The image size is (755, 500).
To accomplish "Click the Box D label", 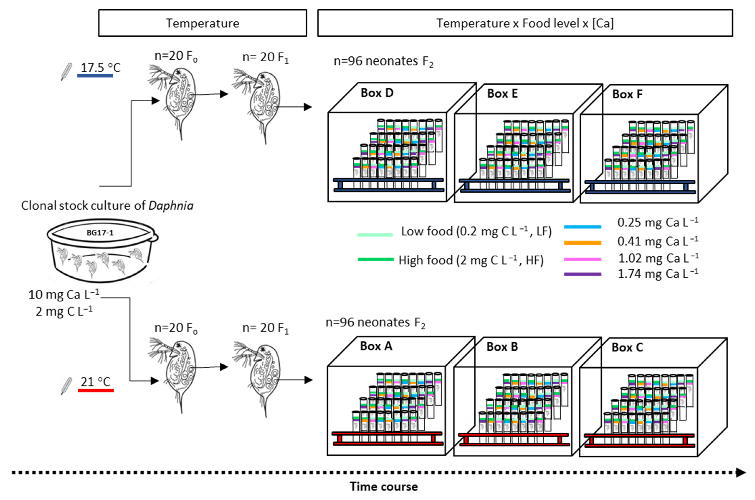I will coord(377,93).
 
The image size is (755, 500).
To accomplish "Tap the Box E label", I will coord(502,93).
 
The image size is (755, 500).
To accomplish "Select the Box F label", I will coord(627,94).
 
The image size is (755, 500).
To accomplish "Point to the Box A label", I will coord(376,346).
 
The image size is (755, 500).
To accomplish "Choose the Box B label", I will coord(502,347).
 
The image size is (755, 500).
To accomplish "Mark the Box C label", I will coord(627,347).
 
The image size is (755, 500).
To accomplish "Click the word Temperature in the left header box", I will coord(202,23).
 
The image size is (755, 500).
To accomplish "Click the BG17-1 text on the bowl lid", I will coord(100,232).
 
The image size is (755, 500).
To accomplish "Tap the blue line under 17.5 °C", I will coord(95,76).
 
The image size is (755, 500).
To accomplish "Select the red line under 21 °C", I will coord(96,390).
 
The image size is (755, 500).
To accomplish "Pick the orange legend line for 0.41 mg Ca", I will coord(582,243).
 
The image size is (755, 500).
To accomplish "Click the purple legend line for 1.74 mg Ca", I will coord(582,274).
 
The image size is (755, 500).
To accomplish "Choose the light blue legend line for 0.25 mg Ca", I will coord(582,227).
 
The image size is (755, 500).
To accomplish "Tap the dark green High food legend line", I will coord(376,259).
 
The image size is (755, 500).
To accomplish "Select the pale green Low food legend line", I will coord(375,235).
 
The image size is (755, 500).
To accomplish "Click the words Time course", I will coord(384,487).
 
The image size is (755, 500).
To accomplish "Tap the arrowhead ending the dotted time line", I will coord(741,472).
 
